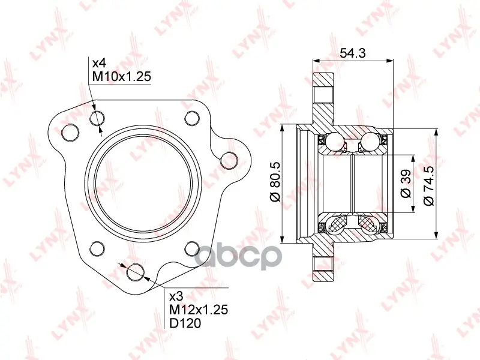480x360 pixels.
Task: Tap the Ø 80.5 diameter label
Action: [x=275, y=182]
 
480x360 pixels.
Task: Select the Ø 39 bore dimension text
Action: [x=406, y=184]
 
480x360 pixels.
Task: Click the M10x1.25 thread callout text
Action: [x=122, y=76]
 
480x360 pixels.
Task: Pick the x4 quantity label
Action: [x=99, y=63]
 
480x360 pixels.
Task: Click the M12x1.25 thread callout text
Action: [x=199, y=310]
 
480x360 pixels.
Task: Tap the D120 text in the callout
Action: [x=185, y=323]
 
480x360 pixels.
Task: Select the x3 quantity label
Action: [x=176, y=296]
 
